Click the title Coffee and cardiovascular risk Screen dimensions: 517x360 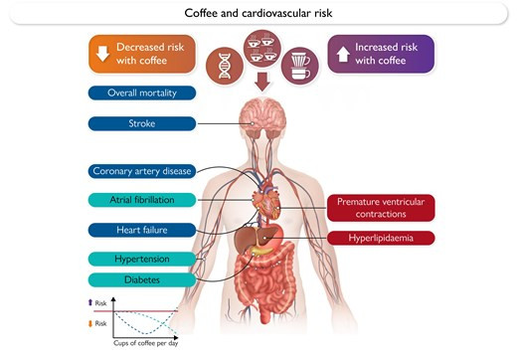[258, 13]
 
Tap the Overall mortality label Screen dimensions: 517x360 [142, 92]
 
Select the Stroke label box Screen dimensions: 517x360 [142, 123]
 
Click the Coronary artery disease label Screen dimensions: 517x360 [142, 171]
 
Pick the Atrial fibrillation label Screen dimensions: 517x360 [142, 200]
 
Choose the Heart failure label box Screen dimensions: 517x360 [142, 230]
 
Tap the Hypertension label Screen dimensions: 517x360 [142, 259]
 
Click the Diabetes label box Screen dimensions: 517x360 [142, 279]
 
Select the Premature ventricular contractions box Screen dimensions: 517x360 [381, 208]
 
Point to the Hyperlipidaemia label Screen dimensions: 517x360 [381, 238]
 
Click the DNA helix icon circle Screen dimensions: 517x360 [225, 66]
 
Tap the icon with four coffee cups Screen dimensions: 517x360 [262, 49]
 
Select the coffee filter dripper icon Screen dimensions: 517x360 [300, 66]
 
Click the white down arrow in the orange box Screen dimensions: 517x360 [102, 54]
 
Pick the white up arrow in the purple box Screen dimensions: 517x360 [343, 54]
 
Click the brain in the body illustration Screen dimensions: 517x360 [262, 118]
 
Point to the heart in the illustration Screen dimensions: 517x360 [266, 202]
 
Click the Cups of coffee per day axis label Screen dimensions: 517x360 [146, 343]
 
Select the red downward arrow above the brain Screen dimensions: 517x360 [262, 82]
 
